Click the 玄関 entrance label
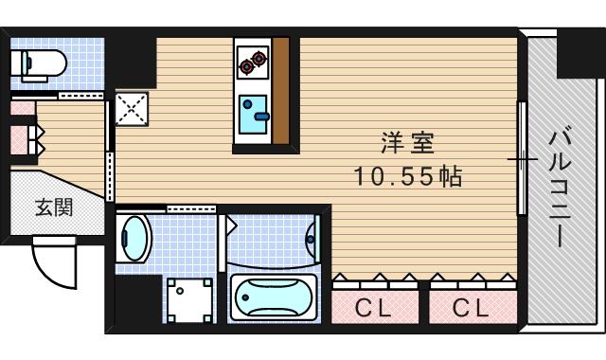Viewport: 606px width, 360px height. (x=54, y=207)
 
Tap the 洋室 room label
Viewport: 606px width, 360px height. (x=407, y=145)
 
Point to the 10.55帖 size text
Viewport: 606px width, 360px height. (x=407, y=176)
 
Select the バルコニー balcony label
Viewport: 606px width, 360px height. (x=556, y=189)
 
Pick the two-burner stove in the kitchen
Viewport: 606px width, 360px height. (x=251, y=63)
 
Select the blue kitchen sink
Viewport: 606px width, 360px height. (x=253, y=115)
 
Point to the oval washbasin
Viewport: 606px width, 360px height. (x=136, y=238)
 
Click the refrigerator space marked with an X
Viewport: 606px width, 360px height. (x=130, y=109)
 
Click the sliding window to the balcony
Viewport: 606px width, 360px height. (x=520, y=158)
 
